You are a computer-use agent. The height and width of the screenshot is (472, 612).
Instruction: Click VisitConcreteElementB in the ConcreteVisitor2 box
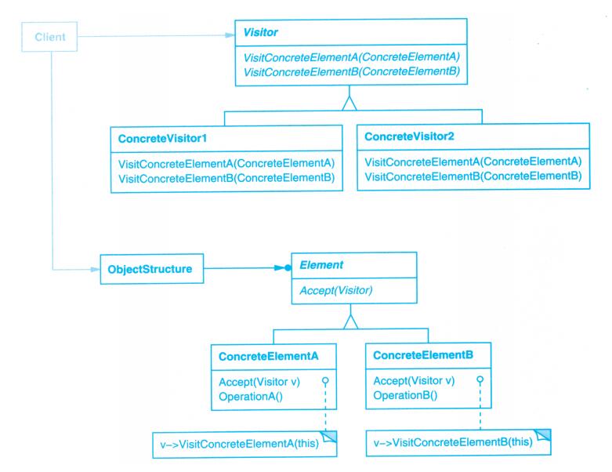(x=473, y=176)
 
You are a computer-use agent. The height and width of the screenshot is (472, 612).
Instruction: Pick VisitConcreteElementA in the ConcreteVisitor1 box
(x=226, y=163)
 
